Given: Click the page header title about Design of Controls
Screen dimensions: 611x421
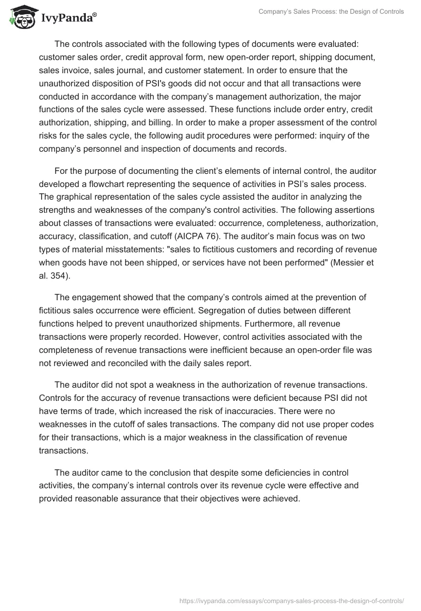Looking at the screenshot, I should [332, 12].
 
